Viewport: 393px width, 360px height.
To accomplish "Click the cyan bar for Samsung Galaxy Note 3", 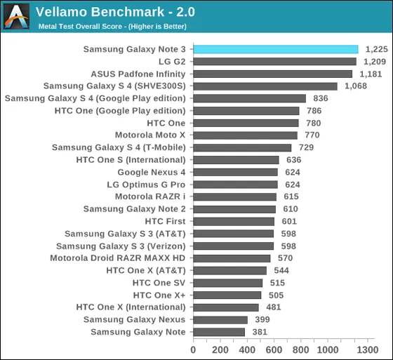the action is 276,49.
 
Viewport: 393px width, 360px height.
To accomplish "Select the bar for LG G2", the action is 274,62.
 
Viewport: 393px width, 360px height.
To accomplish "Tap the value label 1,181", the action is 371,74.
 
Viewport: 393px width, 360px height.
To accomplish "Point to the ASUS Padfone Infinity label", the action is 138,74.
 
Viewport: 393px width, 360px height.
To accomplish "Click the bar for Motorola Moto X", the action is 246,135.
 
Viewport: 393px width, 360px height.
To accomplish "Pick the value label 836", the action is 321,98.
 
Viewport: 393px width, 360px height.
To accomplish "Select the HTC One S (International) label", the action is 131,160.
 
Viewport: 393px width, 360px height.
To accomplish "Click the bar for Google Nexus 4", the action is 236,172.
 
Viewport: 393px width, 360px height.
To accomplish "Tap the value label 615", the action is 291,196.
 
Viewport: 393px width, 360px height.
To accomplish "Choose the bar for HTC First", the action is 234,221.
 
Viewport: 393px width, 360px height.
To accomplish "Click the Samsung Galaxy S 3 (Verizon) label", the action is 121,246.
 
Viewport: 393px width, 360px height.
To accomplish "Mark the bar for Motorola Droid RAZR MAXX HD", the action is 232,258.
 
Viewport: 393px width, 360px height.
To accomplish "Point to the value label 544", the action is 281,270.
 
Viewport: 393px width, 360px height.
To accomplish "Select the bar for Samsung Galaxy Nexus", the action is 220,320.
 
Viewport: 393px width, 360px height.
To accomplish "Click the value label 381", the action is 260,332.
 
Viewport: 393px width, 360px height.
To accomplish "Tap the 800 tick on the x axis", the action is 301,349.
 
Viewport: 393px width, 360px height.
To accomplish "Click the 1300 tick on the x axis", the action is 368,349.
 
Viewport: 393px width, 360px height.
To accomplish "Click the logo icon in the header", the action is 17,16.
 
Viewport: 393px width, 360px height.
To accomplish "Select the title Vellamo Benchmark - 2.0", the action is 115,12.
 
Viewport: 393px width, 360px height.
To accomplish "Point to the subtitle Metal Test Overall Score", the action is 80,27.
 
